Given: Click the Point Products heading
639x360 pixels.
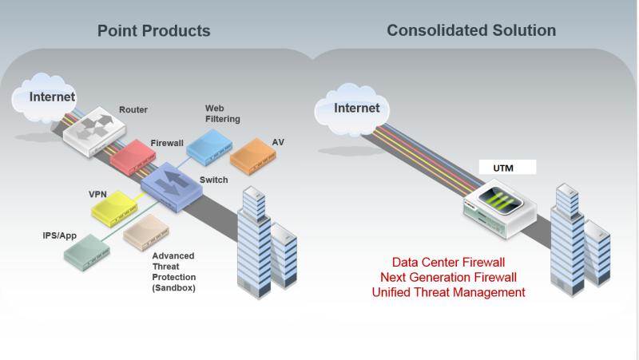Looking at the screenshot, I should tap(154, 31).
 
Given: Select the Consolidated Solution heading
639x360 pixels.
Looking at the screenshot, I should tap(471, 31).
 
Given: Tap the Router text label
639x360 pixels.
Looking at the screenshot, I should tap(133, 109).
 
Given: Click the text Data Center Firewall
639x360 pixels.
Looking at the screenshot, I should tap(448, 262).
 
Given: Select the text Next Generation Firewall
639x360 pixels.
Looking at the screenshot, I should tap(448, 277).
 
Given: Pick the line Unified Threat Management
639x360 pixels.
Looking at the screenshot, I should tap(448, 292).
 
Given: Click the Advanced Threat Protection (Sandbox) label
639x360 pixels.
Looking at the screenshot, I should tap(174, 271).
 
